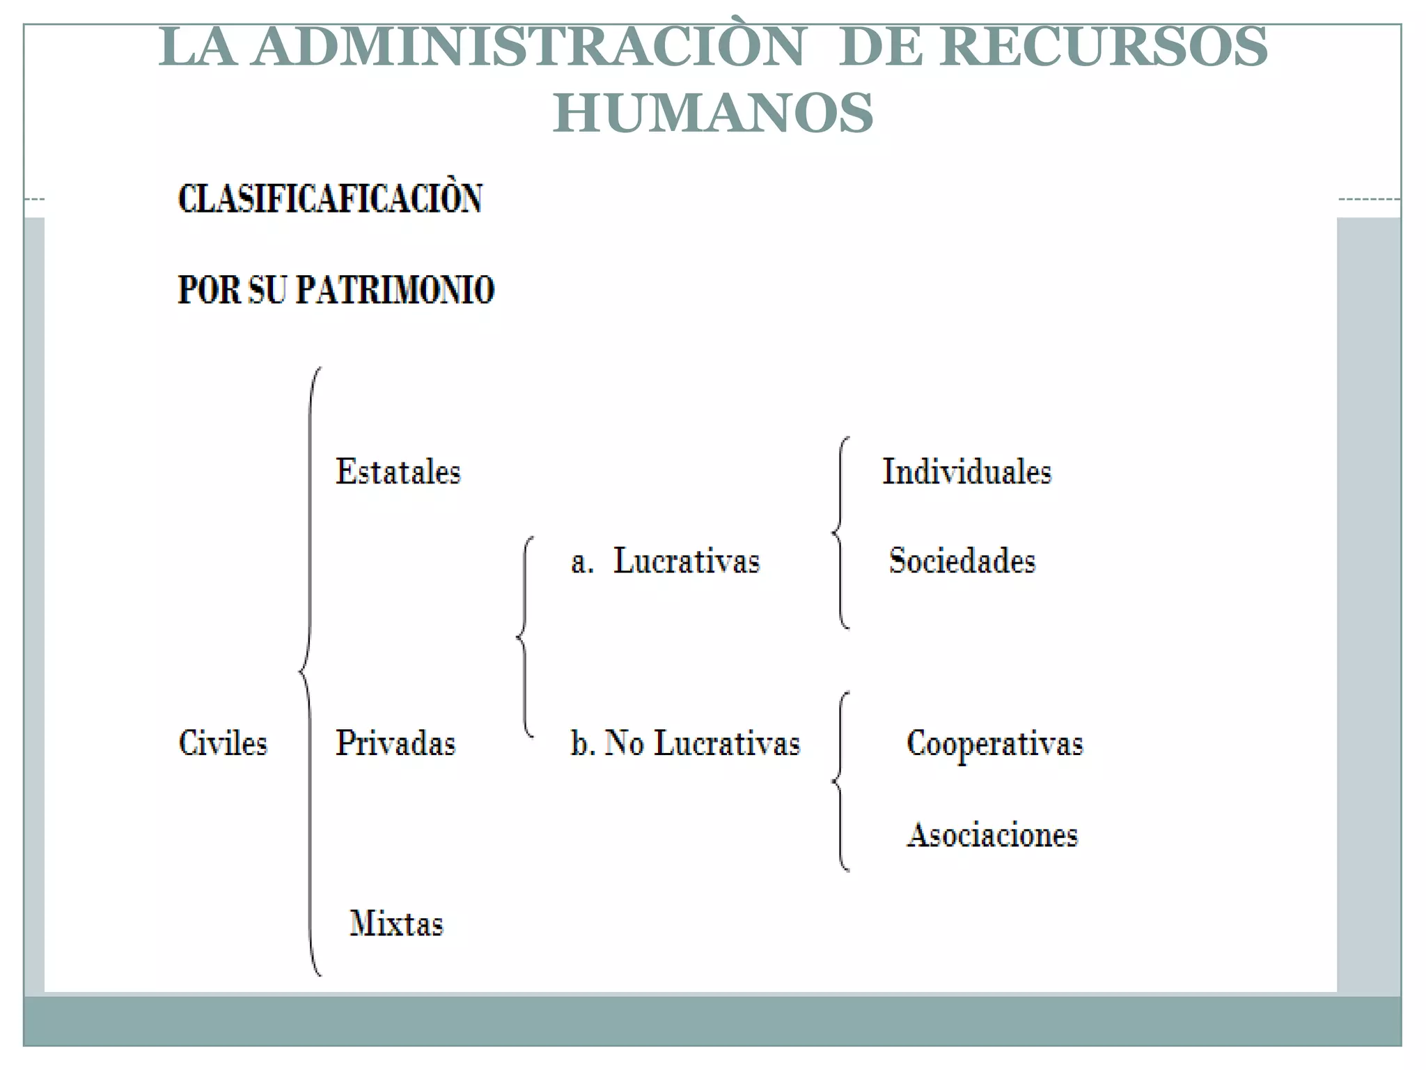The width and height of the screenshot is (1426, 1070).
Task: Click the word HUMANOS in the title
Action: pos(713,113)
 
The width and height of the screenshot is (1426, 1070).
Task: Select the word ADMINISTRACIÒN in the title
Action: pos(529,47)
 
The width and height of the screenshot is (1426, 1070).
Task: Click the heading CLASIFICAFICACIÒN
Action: pos(330,199)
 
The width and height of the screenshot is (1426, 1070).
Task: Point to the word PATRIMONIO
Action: pos(395,290)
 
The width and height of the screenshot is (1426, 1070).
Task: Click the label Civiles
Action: pos(223,743)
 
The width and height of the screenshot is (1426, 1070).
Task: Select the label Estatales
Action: pos(398,472)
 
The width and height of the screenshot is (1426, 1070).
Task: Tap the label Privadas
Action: pos(395,743)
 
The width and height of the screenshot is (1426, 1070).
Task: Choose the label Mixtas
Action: pos(396,924)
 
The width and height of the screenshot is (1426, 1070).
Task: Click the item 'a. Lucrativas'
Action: pos(666,561)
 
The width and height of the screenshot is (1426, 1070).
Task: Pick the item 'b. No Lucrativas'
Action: pos(685,743)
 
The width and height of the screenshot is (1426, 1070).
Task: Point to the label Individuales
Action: pos(967,472)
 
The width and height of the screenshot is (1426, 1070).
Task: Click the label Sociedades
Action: pos(962,561)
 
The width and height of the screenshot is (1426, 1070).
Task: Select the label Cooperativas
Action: pos(995,743)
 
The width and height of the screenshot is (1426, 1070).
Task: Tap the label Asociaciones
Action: pos(992,835)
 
